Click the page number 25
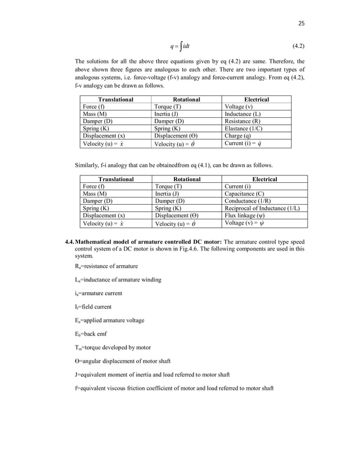[x=301, y=23]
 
